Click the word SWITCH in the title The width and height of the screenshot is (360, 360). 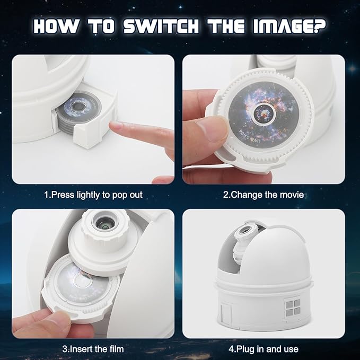point(161,26)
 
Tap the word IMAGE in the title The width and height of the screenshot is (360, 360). point(283,26)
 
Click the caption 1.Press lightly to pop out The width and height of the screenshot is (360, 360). point(93,195)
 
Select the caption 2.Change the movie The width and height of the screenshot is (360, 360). point(264,195)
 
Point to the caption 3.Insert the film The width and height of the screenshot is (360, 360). point(93,349)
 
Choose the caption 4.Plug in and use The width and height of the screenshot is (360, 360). point(264,349)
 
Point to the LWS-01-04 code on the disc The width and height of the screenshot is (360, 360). point(251,138)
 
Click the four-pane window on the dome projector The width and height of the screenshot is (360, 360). point(293,307)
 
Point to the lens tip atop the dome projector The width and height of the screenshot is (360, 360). point(245,230)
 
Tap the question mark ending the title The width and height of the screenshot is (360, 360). point(319,26)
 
